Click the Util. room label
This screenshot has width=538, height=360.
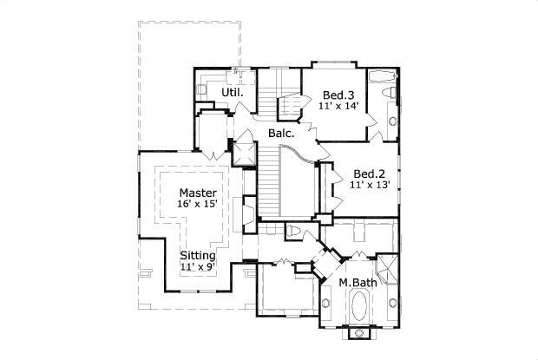[x=232, y=93]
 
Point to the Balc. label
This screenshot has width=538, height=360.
[x=280, y=134]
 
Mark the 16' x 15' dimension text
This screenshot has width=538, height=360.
[x=198, y=204]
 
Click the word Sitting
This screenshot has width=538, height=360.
[x=198, y=256]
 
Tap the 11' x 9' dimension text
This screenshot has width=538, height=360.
[x=198, y=267]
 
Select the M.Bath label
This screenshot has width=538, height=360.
[x=356, y=284]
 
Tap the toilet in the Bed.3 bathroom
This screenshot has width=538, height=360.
[x=392, y=92]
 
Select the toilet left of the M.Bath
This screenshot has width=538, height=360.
[x=293, y=231]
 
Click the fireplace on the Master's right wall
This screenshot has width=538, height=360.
[x=248, y=211]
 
